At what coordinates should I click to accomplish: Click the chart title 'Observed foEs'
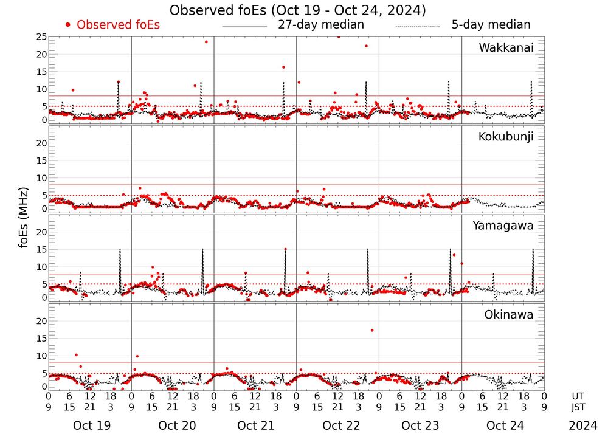pyautogui.click(x=297, y=10)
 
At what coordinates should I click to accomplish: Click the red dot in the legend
pyautogui.click(x=68, y=25)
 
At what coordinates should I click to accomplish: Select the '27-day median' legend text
pyautogui.click(x=321, y=25)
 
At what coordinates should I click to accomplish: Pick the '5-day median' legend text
pyautogui.click(x=491, y=25)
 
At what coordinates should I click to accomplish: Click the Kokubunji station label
pyautogui.click(x=506, y=137)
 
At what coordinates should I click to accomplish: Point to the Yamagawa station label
pyautogui.click(x=503, y=226)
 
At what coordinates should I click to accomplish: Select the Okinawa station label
pyautogui.click(x=509, y=315)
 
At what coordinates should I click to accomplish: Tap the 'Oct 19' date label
pyautogui.click(x=91, y=425)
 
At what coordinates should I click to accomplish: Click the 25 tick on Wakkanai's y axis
pyautogui.click(x=41, y=37)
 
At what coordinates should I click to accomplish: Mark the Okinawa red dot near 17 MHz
pyautogui.click(x=371, y=330)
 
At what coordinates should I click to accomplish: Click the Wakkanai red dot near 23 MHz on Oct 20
pyautogui.click(x=206, y=42)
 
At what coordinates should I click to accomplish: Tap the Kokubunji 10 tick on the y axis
pyautogui.click(x=41, y=178)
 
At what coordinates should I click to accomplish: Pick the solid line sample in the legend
pyautogui.click(x=244, y=26)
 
